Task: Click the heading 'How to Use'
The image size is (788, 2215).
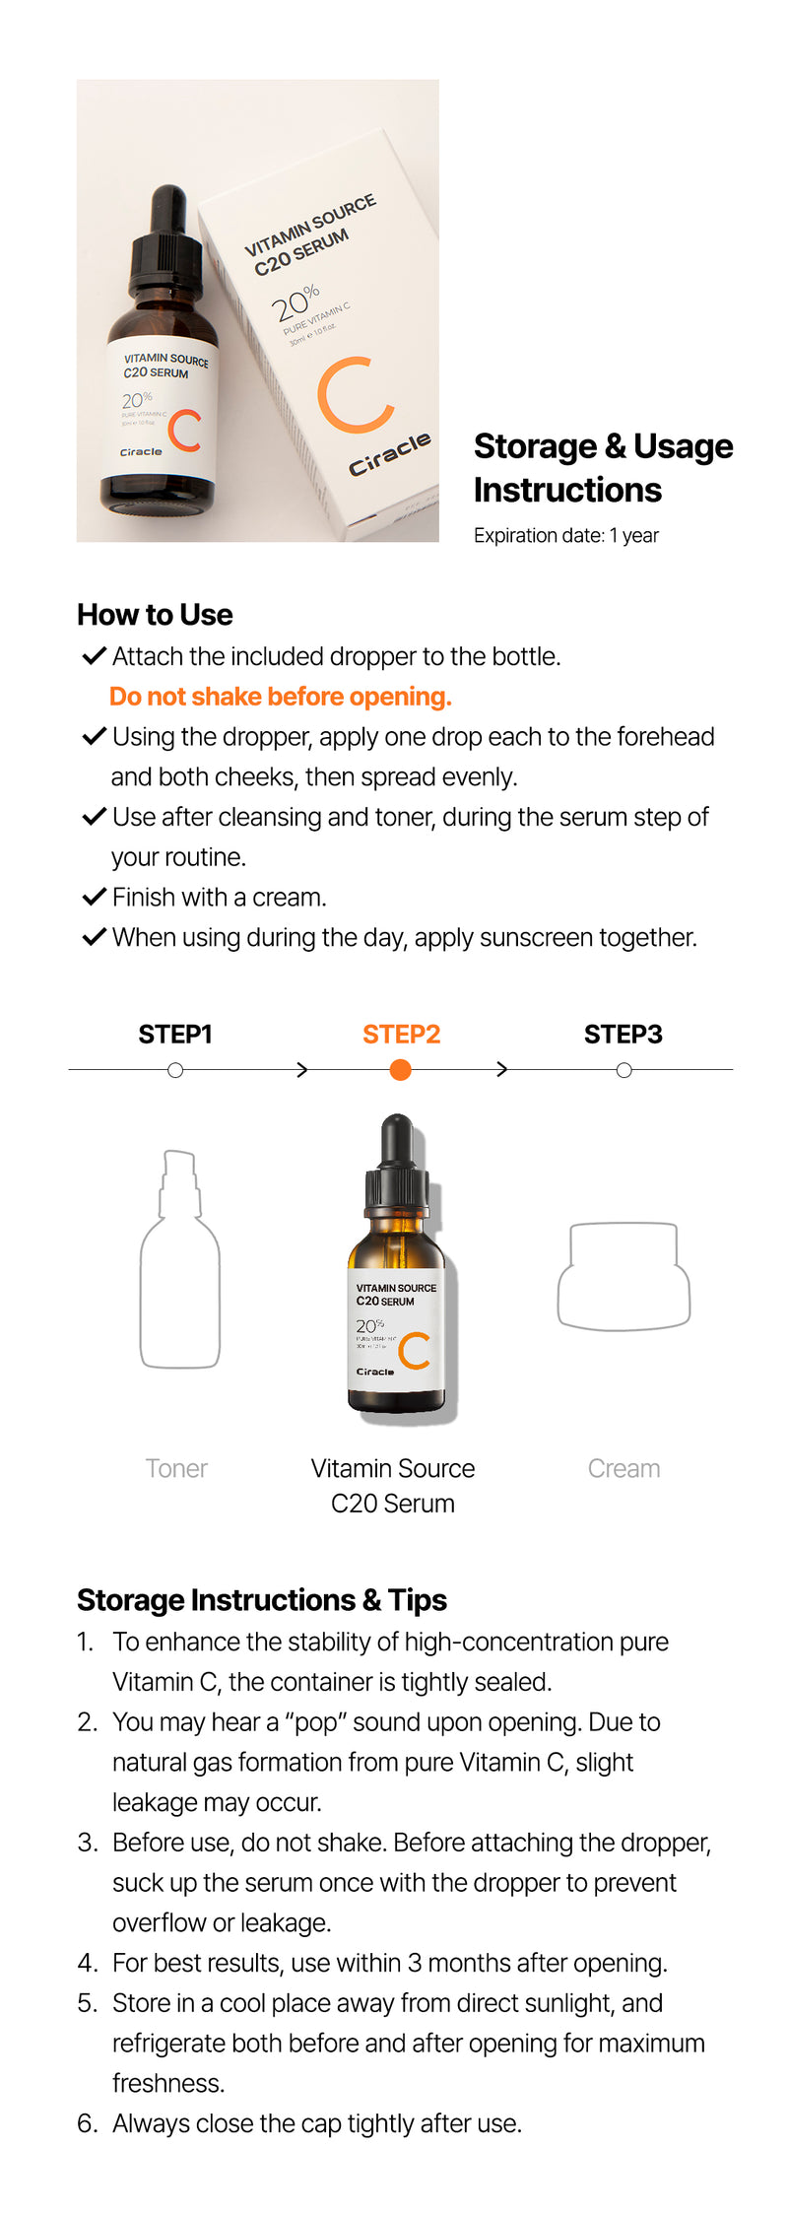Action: pos(155,615)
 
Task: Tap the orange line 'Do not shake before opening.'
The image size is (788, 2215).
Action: pos(280,697)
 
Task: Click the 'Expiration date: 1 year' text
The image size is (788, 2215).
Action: pos(565,535)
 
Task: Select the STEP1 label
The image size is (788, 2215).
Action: pos(175,1034)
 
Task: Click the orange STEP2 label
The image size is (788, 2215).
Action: pos(401,1034)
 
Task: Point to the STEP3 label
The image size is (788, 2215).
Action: pos(623,1034)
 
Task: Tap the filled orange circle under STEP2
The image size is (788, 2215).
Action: pos(400,1070)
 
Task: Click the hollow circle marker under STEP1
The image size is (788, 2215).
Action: pos(175,1070)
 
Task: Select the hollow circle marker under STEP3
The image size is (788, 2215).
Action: pos(624,1070)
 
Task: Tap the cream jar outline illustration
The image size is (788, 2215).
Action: pos(624,1276)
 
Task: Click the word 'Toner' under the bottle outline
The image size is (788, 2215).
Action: pos(176,1468)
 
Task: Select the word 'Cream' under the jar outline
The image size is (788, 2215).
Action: pos(624,1468)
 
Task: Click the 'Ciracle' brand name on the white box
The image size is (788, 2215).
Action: pos(390,453)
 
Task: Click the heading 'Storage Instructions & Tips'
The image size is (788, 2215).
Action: pos(262,1600)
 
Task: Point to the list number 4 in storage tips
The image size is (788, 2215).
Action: pos(87,1963)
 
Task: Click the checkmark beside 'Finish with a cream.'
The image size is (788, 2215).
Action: pos(94,897)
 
